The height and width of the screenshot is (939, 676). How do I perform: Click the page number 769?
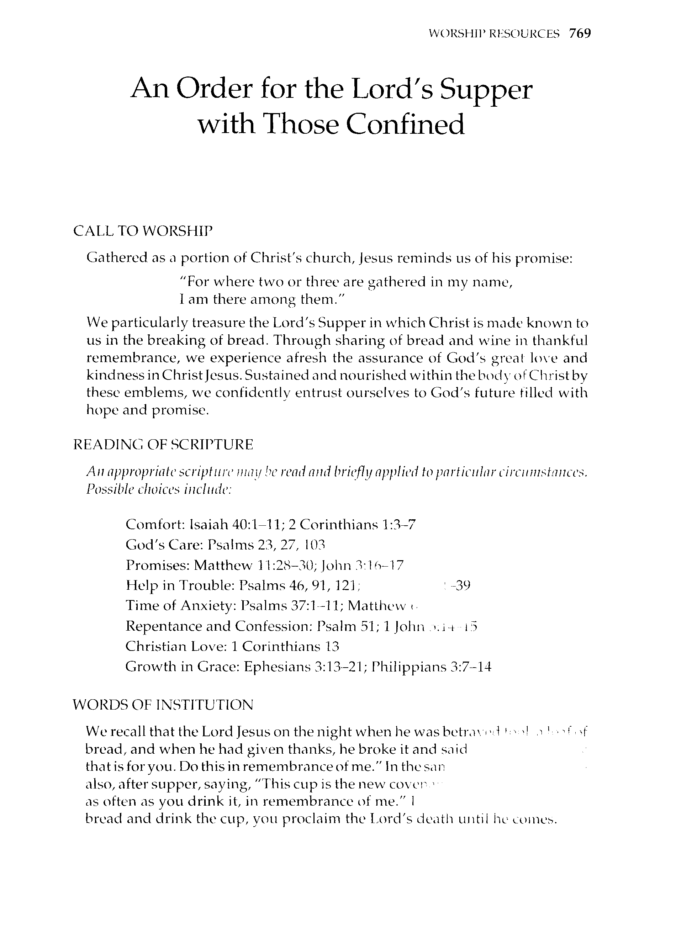tap(580, 33)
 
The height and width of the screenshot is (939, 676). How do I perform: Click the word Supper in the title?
tap(485, 90)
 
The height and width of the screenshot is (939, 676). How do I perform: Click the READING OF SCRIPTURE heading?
tap(163, 445)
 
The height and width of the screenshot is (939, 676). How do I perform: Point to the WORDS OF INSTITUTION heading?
tap(163, 705)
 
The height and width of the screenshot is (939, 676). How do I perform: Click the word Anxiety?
tap(206, 605)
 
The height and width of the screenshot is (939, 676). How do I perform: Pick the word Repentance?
tap(164, 626)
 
